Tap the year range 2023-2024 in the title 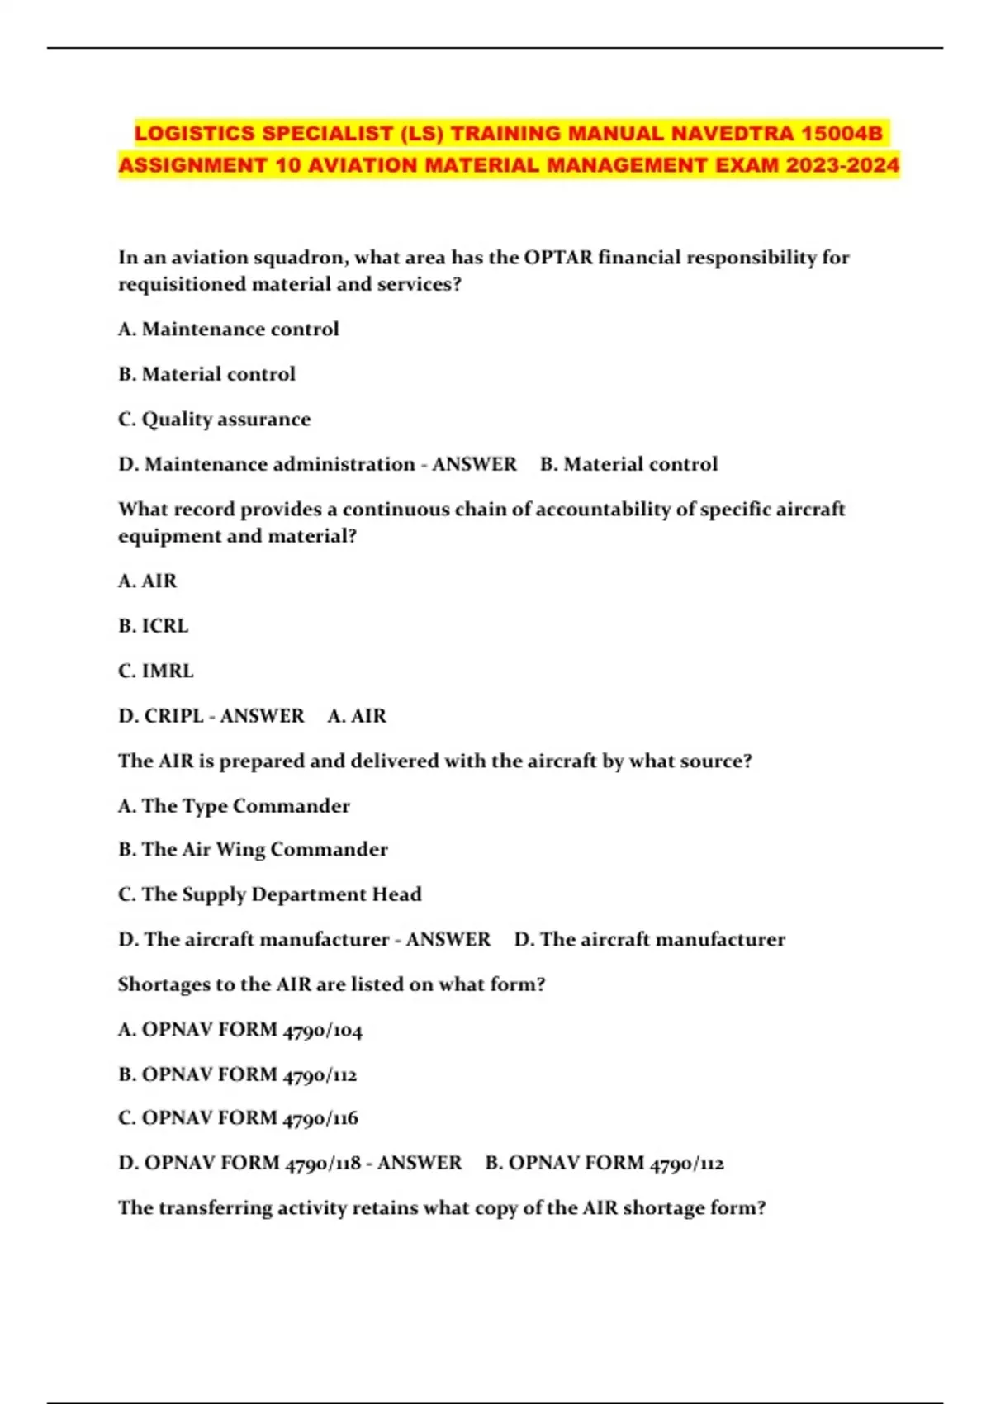click(x=842, y=165)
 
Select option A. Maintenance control click(x=229, y=329)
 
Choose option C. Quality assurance click(x=215, y=420)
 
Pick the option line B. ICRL click(x=154, y=626)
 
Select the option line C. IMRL click(x=156, y=671)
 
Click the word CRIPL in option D click(x=173, y=716)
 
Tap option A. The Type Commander click(x=235, y=806)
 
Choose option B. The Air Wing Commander click(x=253, y=850)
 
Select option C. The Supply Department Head click(x=270, y=894)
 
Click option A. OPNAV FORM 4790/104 click(x=240, y=1030)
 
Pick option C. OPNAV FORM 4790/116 click(x=239, y=1118)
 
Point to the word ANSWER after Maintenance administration click(x=474, y=464)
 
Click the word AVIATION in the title click(x=362, y=165)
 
